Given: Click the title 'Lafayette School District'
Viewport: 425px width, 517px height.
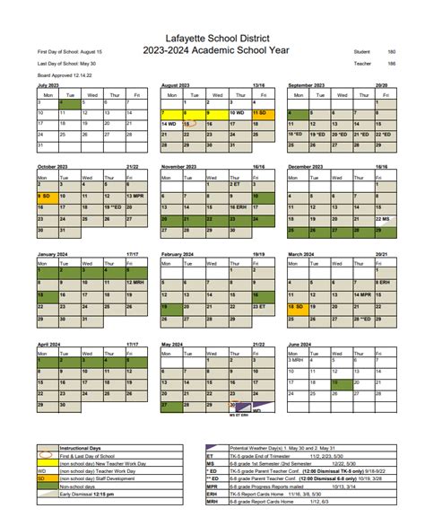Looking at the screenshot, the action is tap(212, 36).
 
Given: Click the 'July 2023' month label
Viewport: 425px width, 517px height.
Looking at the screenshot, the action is tap(48, 84).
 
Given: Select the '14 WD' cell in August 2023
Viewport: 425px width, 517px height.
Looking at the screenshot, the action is tap(170, 124).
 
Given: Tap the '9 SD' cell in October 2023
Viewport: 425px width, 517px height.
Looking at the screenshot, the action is tap(46, 196).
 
